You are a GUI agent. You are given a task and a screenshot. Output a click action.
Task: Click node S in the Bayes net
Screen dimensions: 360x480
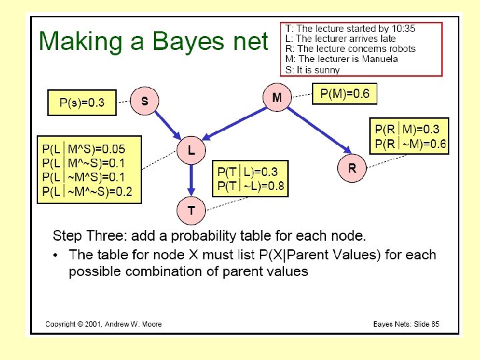point(145,101)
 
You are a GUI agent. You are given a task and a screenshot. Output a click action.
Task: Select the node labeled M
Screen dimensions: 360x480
point(277,97)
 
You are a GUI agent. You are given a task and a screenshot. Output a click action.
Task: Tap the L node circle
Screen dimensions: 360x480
point(191,151)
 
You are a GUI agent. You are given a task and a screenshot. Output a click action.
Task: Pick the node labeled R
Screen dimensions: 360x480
point(352,169)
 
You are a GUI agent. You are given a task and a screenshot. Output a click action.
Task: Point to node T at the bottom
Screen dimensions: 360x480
point(191,211)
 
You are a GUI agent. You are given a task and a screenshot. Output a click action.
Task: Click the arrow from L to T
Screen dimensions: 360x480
point(191,181)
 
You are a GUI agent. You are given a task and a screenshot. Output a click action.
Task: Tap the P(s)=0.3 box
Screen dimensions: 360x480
point(81,103)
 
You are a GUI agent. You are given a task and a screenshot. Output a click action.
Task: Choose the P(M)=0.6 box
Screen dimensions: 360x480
point(344,94)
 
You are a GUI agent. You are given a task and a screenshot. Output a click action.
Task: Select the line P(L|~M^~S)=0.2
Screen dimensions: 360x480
point(87,192)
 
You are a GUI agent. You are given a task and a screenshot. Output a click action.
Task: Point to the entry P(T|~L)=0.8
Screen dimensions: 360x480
point(251,186)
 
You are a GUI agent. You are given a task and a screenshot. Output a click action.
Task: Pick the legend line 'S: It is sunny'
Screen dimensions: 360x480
point(312,69)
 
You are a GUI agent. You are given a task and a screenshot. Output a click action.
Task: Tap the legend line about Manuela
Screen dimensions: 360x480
point(341,59)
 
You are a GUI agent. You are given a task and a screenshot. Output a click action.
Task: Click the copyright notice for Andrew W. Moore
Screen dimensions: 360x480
point(103,325)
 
